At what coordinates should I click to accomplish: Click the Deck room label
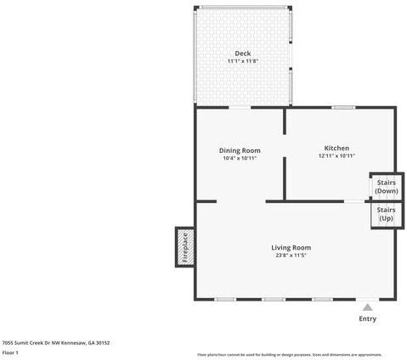click(243, 53)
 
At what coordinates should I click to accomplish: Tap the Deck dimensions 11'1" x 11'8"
click(243, 61)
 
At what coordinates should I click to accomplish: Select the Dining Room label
click(240, 150)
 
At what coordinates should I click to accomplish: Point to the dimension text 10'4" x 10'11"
click(240, 158)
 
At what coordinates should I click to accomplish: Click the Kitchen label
click(336, 148)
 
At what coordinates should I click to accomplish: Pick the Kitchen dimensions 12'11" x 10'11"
click(336, 155)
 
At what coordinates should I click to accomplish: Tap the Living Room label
click(291, 247)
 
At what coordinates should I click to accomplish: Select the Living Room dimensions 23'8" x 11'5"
click(291, 255)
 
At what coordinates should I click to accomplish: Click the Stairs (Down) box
click(385, 186)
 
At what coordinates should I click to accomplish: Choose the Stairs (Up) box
click(385, 214)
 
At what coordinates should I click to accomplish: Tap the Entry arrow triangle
click(367, 307)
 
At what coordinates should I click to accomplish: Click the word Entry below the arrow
click(367, 319)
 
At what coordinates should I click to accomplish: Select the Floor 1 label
click(10, 352)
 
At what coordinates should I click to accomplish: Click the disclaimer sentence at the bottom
click(289, 354)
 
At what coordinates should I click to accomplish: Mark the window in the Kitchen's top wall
click(343, 107)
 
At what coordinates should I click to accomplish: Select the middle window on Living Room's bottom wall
click(273, 299)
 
